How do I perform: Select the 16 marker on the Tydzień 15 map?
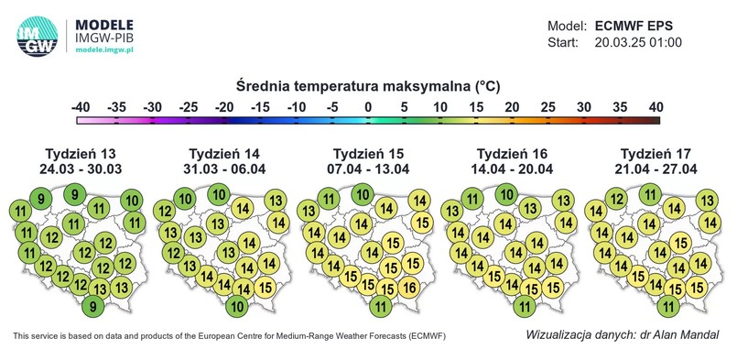pos(410,288)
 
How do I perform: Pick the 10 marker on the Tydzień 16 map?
pos(505,193)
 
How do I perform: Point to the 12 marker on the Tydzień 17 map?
pos(617,199)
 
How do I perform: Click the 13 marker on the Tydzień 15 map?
pos(308,213)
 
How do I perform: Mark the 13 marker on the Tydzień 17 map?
pos(706,201)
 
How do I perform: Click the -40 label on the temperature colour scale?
pos(80,108)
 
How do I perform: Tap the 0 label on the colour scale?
pos(368,108)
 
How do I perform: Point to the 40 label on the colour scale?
pos(656,108)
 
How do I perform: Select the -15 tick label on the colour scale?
pos(260,108)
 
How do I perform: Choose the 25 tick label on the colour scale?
pos(547,108)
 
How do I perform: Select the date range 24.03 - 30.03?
pos(81,169)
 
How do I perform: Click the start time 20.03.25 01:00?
pos(638,43)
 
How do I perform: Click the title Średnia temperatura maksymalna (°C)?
pos(368,87)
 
